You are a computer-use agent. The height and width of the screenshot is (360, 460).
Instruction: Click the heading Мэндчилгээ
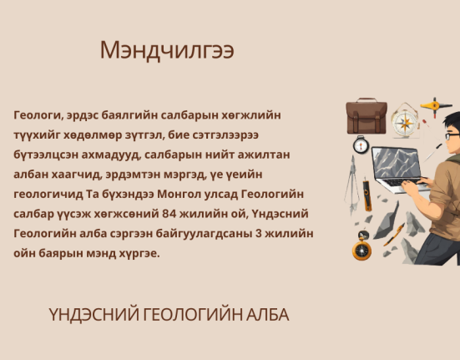tap(167, 50)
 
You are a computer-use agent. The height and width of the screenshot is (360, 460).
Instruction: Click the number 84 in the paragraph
tap(169, 214)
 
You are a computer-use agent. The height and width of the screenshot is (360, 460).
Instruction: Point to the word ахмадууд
tap(111, 155)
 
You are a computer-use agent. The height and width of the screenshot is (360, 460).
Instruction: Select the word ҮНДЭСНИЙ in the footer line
tap(94, 315)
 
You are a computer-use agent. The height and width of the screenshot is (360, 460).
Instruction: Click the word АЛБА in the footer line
tap(267, 315)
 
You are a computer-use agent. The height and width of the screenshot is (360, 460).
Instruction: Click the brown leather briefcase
tap(366, 116)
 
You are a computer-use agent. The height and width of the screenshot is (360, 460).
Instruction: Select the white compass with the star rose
tap(405, 121)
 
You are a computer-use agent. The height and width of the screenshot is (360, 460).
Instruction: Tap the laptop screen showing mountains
tap(396, 164)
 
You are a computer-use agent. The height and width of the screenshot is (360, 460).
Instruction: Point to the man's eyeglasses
tap(452, 135)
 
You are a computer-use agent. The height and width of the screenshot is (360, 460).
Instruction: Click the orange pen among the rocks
tap(394, 235)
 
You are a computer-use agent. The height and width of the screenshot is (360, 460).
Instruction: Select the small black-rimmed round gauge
tap(361, 145)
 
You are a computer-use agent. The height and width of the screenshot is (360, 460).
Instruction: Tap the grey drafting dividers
tap(352, 185)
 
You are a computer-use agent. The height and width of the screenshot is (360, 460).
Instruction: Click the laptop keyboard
tap(404, 182)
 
